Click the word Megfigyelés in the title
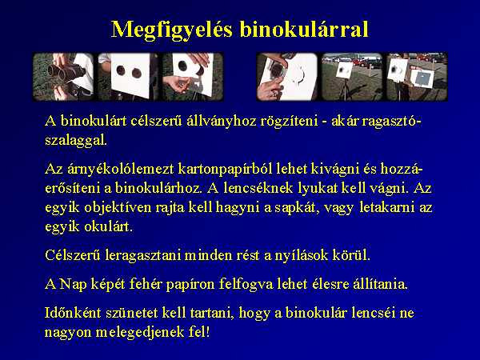[172, 30]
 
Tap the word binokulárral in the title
[304, 30]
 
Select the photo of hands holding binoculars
[63, 77]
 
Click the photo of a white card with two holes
[128, 77]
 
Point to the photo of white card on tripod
[352, 77]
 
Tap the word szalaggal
[76, 141]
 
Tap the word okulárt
[109, 226]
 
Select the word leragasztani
[143, 255]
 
